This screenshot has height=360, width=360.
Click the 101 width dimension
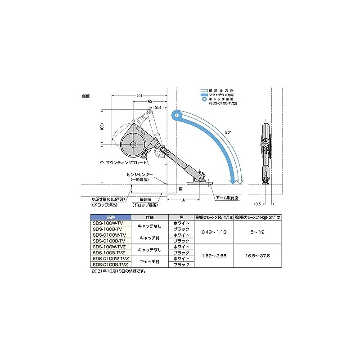(x=139, y=95)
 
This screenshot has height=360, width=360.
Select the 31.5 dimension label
(x=157, y=108)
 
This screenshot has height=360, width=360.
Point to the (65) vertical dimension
(x=103, y=127)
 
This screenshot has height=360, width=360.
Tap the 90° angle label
(x=228, y=132)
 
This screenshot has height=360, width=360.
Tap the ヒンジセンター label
(x=140, y=175)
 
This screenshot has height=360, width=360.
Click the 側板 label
(x=86, y=95)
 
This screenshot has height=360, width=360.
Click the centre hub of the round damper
(x=133, y=144)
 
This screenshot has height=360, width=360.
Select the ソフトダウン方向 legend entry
(x=220, y=94)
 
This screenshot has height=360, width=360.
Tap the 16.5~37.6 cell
(x=258, y=256)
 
